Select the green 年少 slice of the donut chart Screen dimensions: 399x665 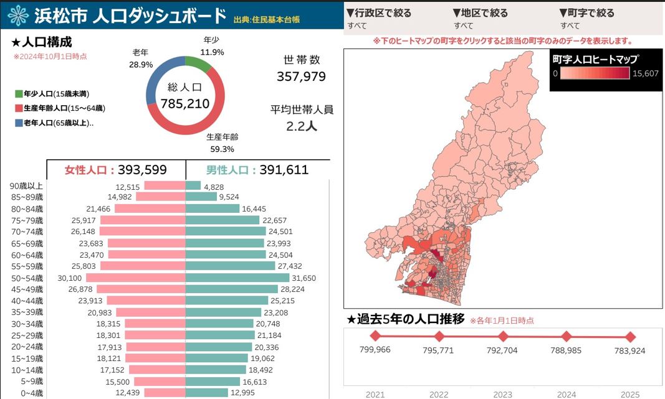click(x=198, y=63)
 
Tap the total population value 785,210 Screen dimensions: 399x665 click(x=185, y=103)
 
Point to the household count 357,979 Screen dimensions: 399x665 click(x=301, y=77)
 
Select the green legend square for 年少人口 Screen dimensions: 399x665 click(x=19, y=94)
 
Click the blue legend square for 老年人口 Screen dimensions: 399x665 click(x=19, y=123)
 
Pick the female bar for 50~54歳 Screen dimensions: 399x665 click(x=136, y=278)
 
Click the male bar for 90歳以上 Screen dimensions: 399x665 click(x=193, y=186)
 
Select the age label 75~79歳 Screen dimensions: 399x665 click(x=27, y=220)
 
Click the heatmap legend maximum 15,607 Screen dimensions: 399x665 click(x=646, y=73)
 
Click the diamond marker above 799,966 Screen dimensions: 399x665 click(x=375, y=337)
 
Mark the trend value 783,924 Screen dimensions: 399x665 click(x=630, y=350)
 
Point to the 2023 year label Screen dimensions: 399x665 click(x=502, y=394)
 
